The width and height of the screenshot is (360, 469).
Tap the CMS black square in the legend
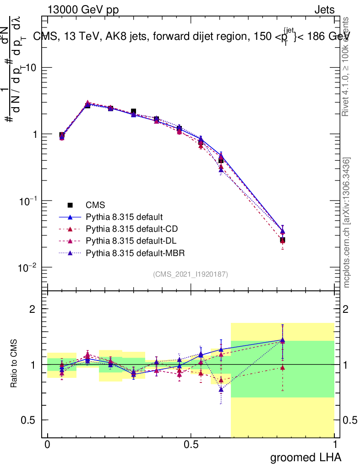[70, 205]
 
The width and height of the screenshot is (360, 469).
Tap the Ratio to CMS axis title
[14, 365]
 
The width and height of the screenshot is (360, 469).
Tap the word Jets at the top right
[324, 10]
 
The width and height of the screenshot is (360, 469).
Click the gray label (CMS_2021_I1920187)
[191, 274]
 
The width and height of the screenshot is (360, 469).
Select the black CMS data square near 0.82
[283, 240]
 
